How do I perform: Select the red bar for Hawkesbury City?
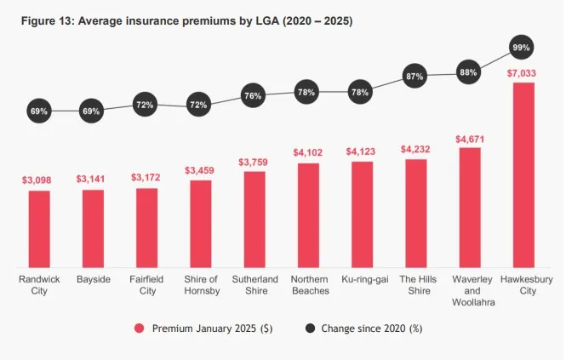tap(523, 174)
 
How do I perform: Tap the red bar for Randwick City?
tap(39, 228)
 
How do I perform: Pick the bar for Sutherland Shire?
tap(254, 219)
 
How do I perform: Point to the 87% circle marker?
tap(415, 77)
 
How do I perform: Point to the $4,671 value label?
tap(469, 138)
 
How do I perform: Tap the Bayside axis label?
tap(93, 279)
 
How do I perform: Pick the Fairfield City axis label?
tap(146, 284)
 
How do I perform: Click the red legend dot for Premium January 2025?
tap(139, 328)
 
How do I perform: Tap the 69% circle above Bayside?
tap(92, 111)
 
